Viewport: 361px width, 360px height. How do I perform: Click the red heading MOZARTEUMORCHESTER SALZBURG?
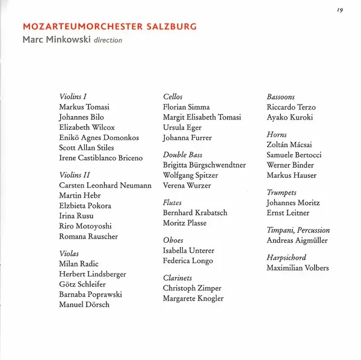pyautogui.click(x=109, y=27)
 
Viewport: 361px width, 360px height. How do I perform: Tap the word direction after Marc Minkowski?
pyautogui.click(x=108, y=40)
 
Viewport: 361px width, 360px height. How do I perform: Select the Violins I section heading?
pyautogui.click(x=73, y=97)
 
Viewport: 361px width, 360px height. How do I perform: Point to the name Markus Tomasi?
pyautogui.click(x=84, y=107)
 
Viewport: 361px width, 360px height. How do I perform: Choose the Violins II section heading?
pyautogui.click(x=75, y=175)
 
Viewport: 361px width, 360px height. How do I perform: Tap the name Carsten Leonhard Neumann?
pyautogui.click(x=105, y=186)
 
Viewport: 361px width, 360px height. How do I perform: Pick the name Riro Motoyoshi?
pyautogui.click(x=85, y=227)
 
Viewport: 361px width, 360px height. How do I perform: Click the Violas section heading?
pyautogui.click(x=70, y=254)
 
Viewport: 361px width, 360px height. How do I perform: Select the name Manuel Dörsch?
pyautogui.click(x=84, y=305)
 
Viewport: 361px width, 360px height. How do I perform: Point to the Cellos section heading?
pyautogui.click(x=173, y=97)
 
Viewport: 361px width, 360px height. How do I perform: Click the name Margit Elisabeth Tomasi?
pyautogui.click(x=202, y=117)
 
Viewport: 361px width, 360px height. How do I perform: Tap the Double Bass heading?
pyautogui.click(x=182, y=154)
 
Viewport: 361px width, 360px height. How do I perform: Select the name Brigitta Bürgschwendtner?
pyautogui.click(x=204, y=165)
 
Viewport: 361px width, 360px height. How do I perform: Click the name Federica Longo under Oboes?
pyautogui.click(x=188, y=261)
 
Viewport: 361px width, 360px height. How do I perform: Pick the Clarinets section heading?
pyautogui.click(x=177, y=278)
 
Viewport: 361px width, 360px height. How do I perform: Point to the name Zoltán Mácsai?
pyautogui.click(x=289, y=145)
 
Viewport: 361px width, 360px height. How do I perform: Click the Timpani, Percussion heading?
pyautogui.click(x=298, y=230)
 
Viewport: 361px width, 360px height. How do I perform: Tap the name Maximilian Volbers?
pyautogui.click(x=297, y=268)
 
